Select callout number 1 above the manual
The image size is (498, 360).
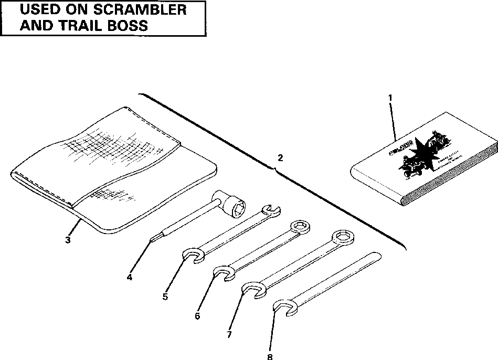click(389, 98)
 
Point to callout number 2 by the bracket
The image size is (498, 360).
click(280, 158)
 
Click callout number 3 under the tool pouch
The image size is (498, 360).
click(68, 240)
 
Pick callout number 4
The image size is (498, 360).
click(129, 277)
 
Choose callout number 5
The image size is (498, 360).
click(165, 297)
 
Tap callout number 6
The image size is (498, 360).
click(197, 316)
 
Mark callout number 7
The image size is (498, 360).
click(229, 334)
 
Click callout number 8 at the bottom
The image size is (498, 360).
click(270, 356)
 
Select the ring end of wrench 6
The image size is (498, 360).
click(301, 226)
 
